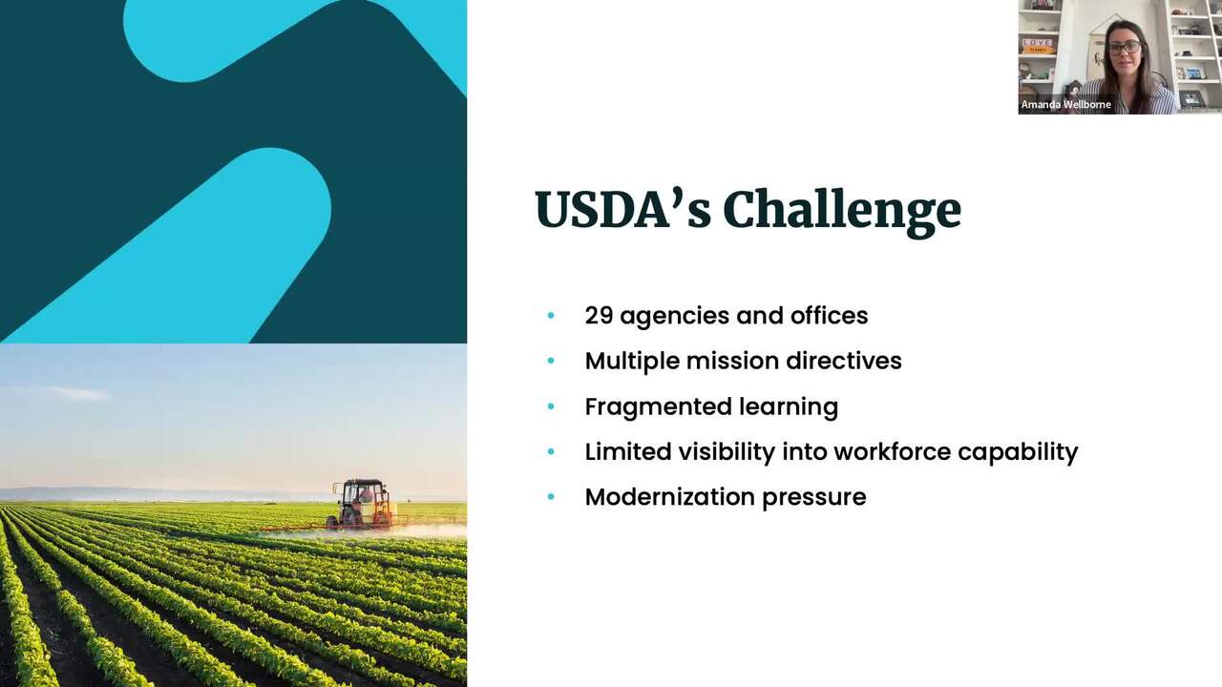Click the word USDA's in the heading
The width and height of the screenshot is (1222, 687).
point(623,210)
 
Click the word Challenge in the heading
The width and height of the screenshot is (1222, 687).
point(842,213)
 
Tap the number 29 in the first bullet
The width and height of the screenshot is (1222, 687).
point(599,316)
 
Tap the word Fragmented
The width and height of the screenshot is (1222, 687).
point(658,407)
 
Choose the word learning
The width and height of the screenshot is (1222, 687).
point(789,407)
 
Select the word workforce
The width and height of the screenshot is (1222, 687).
point(892,452)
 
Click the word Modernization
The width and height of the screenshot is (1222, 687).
point(669,497)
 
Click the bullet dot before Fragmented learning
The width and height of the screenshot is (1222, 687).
point(551,406)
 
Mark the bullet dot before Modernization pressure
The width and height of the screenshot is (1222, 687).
point(551,497)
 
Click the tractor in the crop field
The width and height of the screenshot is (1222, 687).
point(362,505)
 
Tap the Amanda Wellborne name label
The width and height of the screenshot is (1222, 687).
point(1065,104)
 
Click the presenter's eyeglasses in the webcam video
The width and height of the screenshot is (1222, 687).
point(1124,48)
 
